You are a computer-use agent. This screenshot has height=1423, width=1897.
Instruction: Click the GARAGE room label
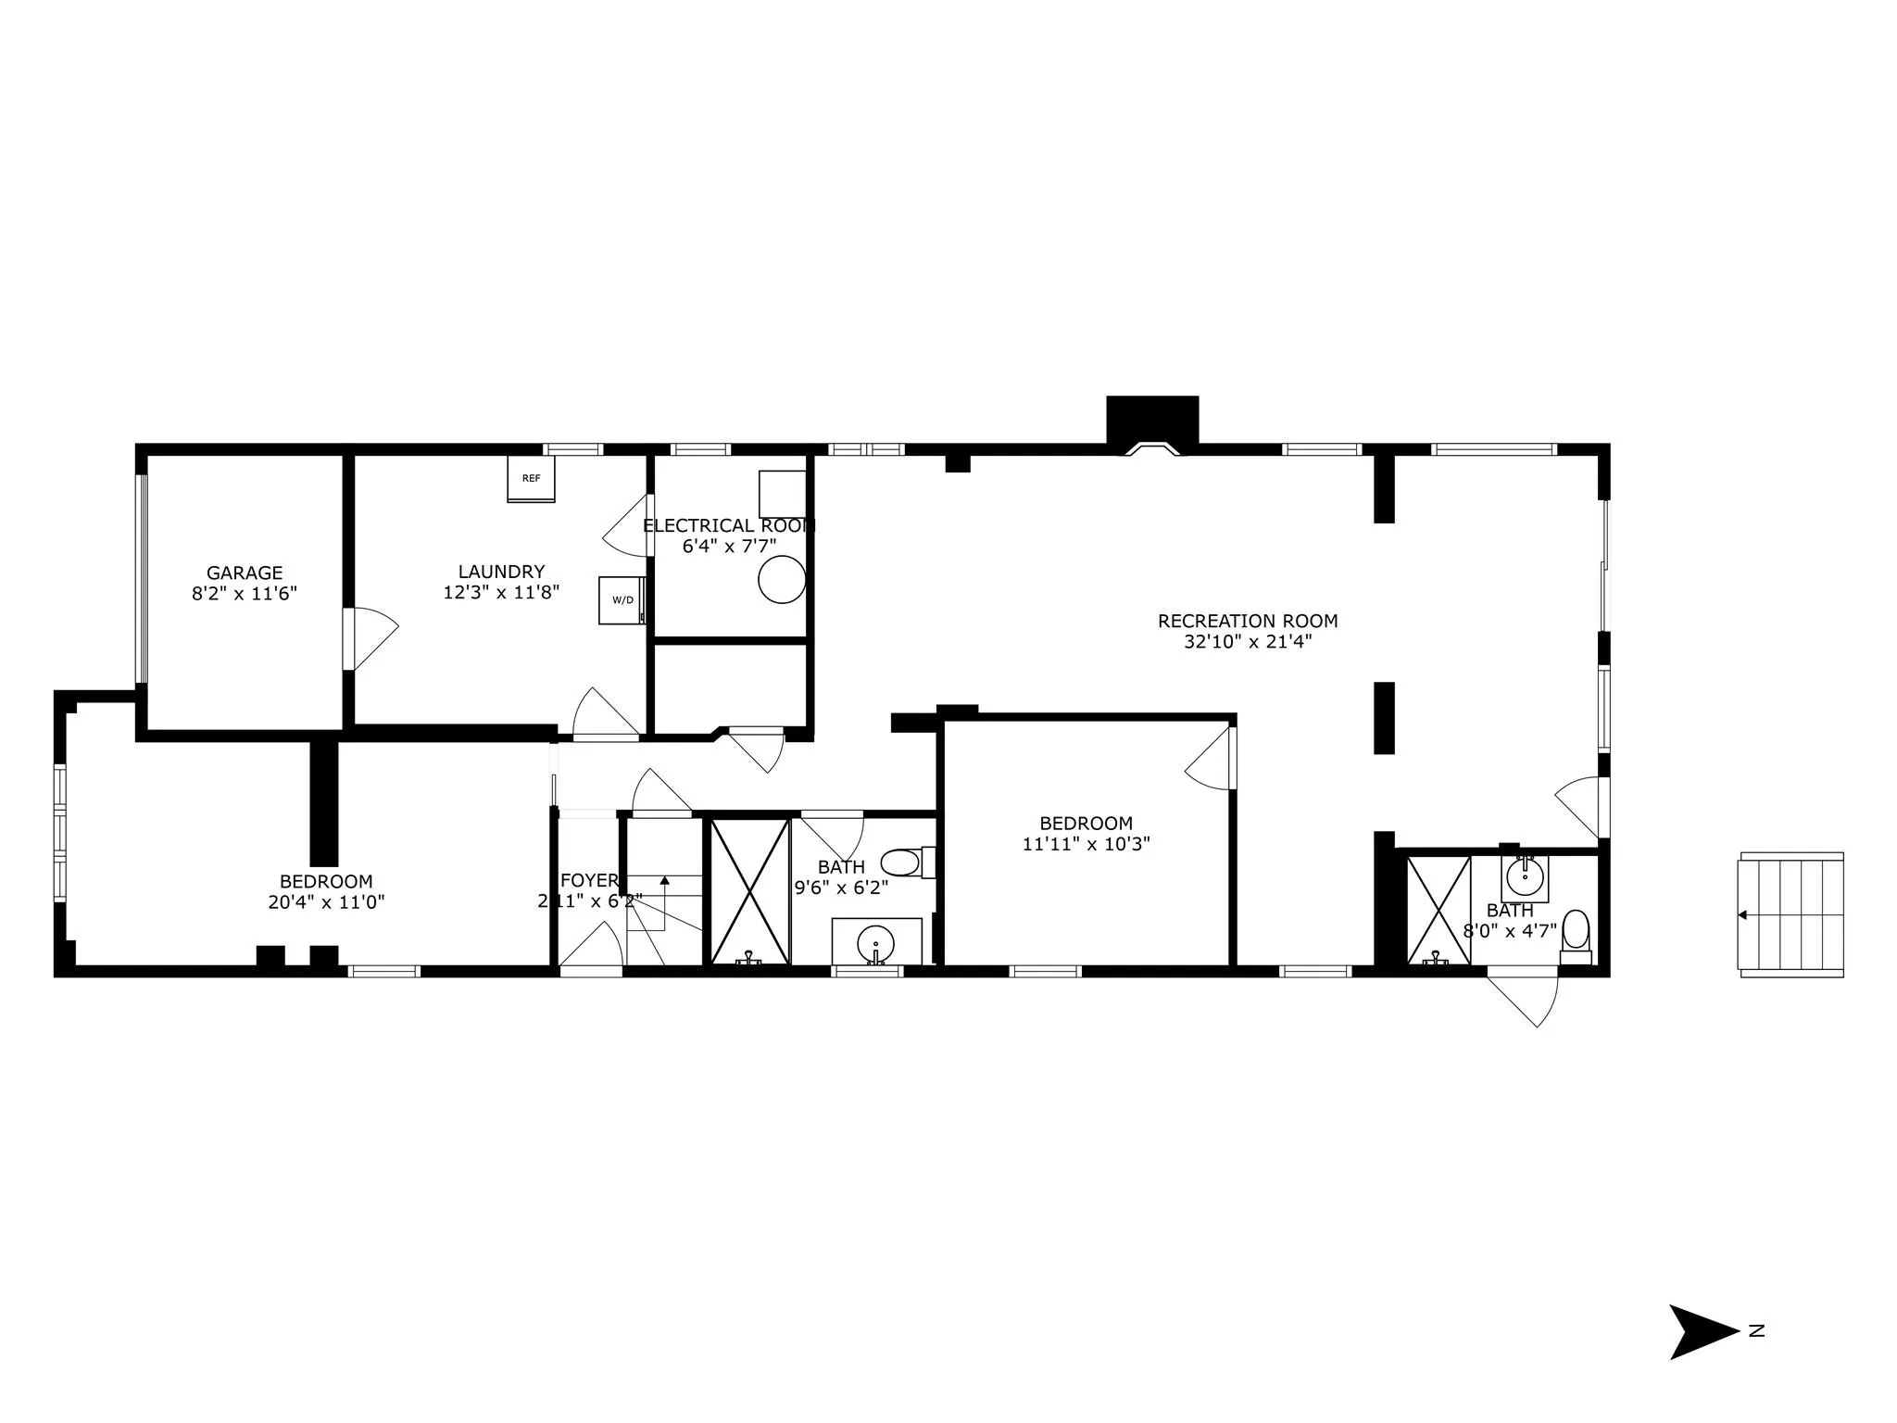click(x=245, y=573)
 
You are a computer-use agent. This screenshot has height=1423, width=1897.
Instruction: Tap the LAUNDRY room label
click(x=501, y=572)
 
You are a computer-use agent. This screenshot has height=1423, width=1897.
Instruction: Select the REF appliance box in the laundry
click(x=531, y=478)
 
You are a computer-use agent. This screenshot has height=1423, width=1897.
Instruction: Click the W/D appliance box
click(x=622, y=599)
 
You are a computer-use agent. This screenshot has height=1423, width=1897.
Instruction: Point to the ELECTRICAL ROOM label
click(x=729, y=525)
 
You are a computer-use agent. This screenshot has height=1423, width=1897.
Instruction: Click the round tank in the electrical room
click(x=782, y=579)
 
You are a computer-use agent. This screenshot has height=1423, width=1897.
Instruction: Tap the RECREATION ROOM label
click(x=1248, y=621)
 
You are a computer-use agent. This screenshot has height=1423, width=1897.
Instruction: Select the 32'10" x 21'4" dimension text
click(x=1248, y=641)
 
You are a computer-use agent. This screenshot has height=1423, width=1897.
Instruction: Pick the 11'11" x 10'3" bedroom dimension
click(x=1087, y=844)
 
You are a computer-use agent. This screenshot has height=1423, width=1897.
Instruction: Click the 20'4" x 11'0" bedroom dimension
click(x=326, y=902)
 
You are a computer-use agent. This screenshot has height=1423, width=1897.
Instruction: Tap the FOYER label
click(x=588, y=880)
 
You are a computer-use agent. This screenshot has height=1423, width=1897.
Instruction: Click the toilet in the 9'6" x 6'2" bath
click(x=900, y=863)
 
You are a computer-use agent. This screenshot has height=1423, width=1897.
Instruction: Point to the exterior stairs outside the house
click(x=1791, y=914)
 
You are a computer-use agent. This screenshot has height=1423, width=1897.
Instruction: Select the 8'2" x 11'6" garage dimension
click(x=245, y=594)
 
